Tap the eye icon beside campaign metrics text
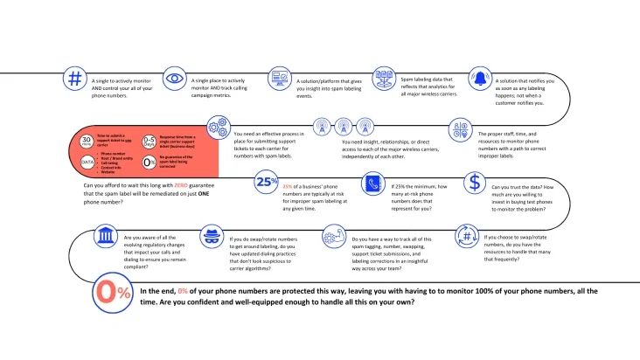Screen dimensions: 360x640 174,79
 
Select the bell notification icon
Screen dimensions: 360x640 480,78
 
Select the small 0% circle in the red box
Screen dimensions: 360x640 149,162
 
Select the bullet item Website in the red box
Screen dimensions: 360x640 109,172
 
